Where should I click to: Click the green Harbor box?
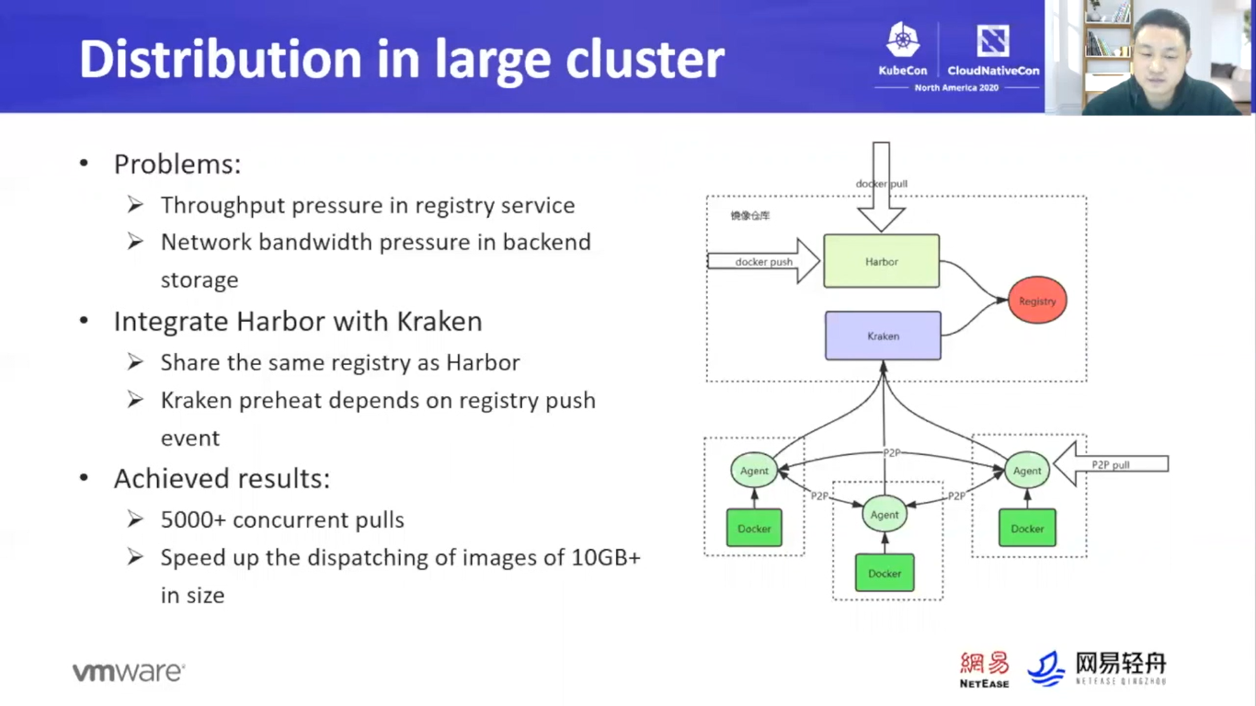[x=881, y=261]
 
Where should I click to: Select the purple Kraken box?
[x=883, y=336]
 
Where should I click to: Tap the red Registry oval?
[x=1037, y=301]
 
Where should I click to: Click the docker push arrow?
[x=764, y=261]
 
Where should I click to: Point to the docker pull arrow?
[x=881, y=188]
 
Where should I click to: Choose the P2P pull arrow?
[x=1110, y=464]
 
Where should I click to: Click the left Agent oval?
[x=754, y=471]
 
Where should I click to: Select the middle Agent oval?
[x=885, y=515]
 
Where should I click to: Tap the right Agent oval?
[x=1027, y=471]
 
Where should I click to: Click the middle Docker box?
[x=885, y=573]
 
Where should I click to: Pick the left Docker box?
[x=754, y=529]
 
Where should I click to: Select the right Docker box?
[x=1027, y=529]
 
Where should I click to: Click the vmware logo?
[x=129, y=672]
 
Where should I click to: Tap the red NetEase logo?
[x=984, y=668]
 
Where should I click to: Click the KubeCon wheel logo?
[x=903, y=40]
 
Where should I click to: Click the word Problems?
[x=177, y=165]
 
